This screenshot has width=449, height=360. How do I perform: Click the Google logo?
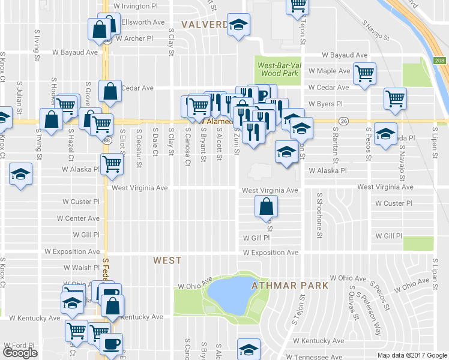[x=20, y=353]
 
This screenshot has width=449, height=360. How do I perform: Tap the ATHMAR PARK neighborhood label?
[x=291, y=285]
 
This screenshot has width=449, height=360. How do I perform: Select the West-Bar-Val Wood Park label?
[x=277, y=69]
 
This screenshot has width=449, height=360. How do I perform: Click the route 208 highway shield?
[x=441, y=61]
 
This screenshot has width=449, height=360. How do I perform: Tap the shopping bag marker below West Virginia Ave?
[x=266, y=207]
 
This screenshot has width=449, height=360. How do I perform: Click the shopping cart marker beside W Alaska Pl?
[x=112, y=164]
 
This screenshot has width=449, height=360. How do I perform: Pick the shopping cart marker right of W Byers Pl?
[x=395, y=98]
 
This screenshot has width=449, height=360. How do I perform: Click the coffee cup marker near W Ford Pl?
[x=111, y=344]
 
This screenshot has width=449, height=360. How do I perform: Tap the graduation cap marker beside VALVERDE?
[x=239, y=25]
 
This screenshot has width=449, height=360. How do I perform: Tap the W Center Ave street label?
[x=82, y=218]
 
